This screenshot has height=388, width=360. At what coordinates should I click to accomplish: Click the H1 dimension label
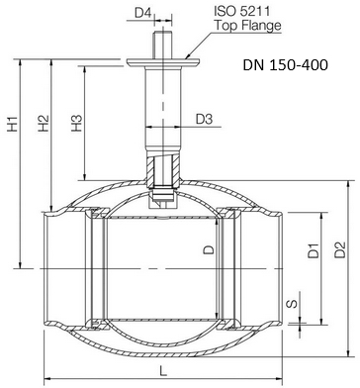tap(13, 124)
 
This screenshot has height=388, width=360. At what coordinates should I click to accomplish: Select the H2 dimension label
tap(44, 124)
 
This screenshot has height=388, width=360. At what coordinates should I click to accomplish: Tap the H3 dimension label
tap(76, 123)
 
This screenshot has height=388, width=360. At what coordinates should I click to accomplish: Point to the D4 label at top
tap(143, 13)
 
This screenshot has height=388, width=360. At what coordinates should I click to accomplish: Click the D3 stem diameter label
tap(204, 119)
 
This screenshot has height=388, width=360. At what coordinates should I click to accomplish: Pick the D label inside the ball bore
tap(209, 249)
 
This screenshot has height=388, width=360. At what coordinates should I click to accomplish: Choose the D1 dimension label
tap(314, 250)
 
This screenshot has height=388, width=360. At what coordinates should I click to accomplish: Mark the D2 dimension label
tap(340, 249)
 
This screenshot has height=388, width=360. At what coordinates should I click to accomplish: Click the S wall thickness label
tap(293, 304)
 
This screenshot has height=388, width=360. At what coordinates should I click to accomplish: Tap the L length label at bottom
tap(163, 371)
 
